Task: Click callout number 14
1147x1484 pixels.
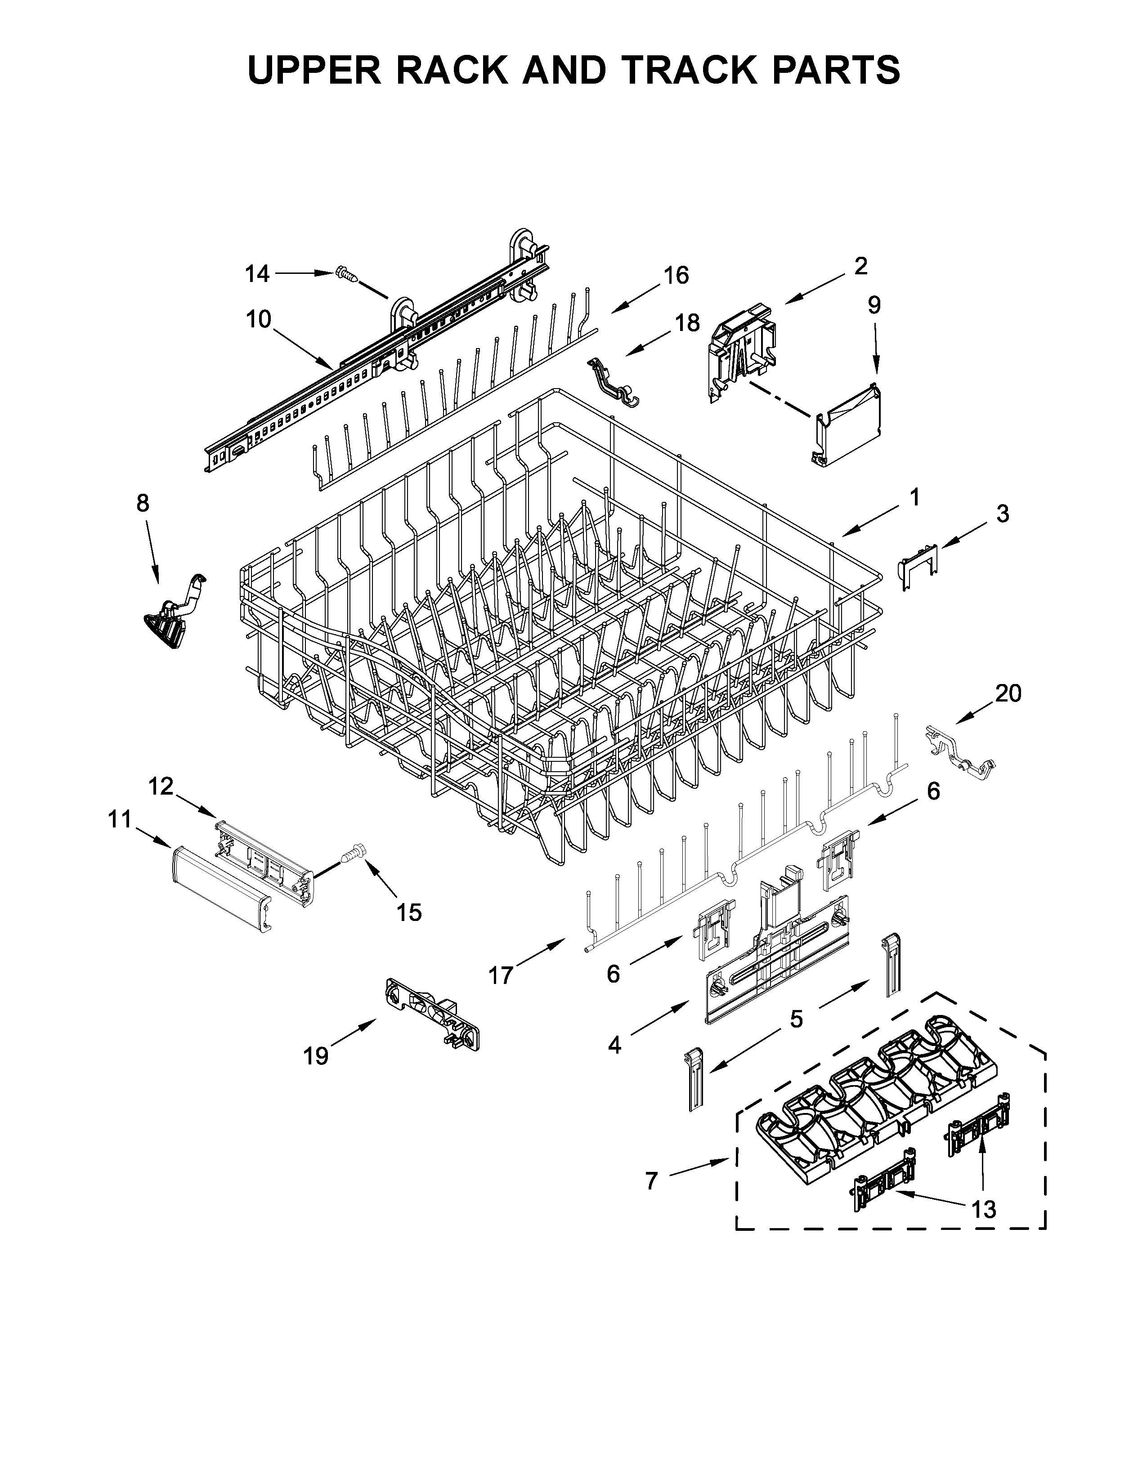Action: (x=258, y=274)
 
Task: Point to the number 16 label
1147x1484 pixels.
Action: (x=676, y=275)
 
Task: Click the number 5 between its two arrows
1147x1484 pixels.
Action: (x=796, y=1037)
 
